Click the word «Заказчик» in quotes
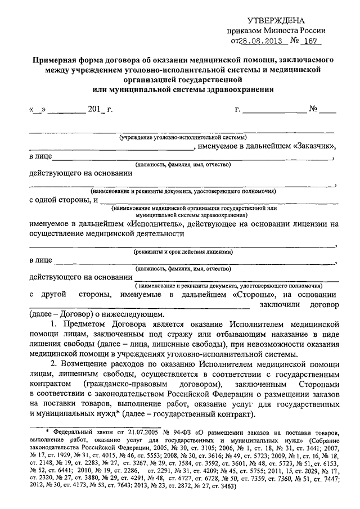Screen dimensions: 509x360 pyautogui.click(x=314, y=147)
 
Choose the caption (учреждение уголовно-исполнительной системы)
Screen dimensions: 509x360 pyautogui.click(x=182, y=138)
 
